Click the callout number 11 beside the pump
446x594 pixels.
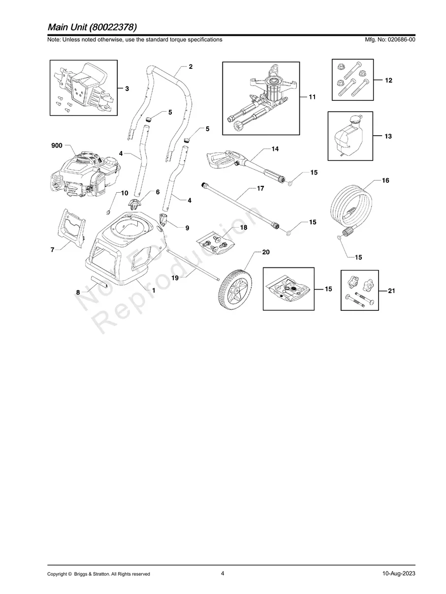coord(312,97)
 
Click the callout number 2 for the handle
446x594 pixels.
coord(191,66)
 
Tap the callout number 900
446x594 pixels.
coord(57,146)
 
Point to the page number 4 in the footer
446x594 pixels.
coord(223,573)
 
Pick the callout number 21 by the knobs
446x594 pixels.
coord(391,291)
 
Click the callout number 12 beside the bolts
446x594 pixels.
coord(388,80)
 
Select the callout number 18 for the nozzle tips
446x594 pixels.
coord(243,228)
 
